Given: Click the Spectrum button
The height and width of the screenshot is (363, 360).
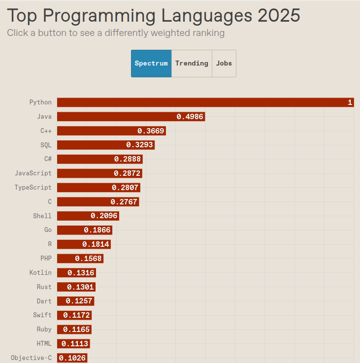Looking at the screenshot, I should click(x=151, y=64).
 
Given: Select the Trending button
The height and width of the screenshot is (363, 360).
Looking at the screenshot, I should click(x=192, y=64).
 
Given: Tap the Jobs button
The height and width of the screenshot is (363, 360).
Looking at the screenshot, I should click(x=224, y=64).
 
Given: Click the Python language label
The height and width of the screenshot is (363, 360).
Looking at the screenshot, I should click(x=40, y=102).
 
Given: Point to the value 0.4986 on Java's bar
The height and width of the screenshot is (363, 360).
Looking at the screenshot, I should click(x=190, y=117).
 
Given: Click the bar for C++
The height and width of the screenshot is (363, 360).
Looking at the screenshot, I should click(x=111, y=131).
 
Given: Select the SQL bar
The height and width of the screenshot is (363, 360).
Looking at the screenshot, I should click(x=106, y=145).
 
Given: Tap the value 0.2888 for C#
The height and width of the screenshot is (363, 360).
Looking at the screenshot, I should click(x=128, y=159).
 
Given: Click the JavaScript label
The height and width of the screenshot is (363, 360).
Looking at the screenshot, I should click(x=33, y=173).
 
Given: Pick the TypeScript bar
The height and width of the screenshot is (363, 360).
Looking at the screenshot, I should click(x=98, y=188).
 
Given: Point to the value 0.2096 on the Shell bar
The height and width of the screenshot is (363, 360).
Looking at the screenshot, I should click(x=104, y=216).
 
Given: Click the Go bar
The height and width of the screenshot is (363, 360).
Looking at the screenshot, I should click(x=84, y=230).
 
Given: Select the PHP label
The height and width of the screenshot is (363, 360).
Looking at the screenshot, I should click(x=46, y=259).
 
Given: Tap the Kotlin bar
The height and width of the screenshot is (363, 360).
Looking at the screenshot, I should click(x=76, y=273).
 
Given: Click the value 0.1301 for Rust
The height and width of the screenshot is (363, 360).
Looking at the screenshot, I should click(x=80, y=287).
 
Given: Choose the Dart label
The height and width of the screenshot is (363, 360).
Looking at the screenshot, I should click(x=44, y=301).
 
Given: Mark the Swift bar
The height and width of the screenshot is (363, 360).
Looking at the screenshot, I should click(x=74, y=315).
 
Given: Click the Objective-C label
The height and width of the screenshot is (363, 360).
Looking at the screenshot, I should click(x=31, y=358).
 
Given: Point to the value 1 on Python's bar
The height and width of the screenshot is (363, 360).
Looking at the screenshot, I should click(x=350, y=102).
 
